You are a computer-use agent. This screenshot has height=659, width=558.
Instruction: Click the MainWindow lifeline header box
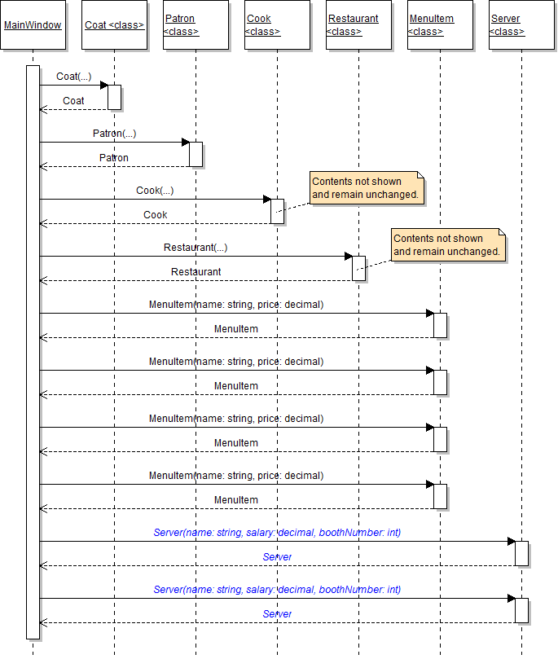click(33, 25)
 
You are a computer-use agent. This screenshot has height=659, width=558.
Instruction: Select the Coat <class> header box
click(114, 25)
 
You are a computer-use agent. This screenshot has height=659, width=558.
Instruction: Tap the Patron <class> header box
click(196, 25)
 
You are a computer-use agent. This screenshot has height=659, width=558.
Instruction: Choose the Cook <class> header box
click(277, 25)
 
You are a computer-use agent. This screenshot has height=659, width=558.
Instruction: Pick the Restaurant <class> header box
click(358, 25)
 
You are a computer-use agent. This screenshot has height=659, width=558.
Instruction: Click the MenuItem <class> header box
click(440, 25)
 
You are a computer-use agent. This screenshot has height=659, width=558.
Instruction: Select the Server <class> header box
click(521, 25)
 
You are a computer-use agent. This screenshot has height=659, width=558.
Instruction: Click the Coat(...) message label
click(73, 77)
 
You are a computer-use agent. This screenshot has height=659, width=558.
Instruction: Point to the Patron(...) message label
click(114, 134)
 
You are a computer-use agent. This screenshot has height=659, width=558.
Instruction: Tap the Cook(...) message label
click(155, 191)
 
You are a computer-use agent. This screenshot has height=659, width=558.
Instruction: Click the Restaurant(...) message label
click(196, 248)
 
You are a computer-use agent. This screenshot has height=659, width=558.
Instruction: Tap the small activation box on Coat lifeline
click(114, 97)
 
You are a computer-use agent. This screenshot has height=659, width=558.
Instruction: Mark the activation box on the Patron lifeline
click(196, 154)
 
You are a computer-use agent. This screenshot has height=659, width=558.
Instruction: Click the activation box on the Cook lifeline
click(277, 211)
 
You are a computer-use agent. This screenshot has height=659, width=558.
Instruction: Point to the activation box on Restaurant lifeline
click(358, 268)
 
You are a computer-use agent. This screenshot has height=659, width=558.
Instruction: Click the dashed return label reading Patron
click(114, 158)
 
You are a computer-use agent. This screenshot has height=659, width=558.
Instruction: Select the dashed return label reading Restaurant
click(196, 272)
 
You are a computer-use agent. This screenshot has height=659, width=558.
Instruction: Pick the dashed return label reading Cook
click(155, 215)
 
